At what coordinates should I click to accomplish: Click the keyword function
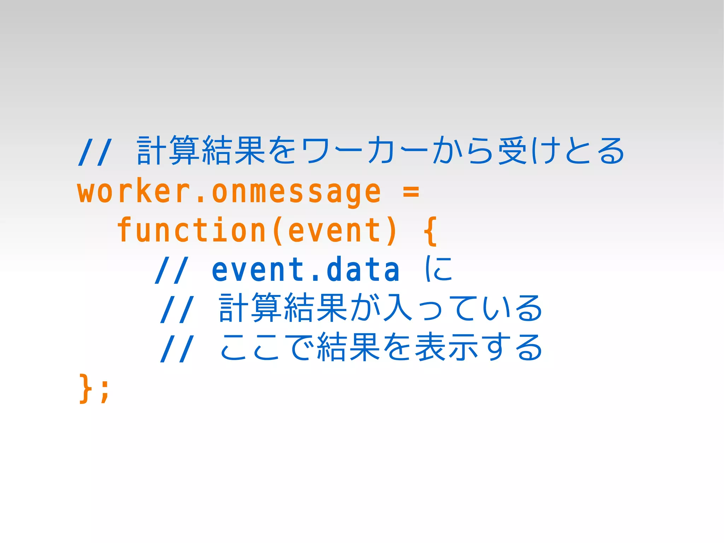pos(191,230)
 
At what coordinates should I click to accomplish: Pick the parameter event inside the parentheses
pos(335,230)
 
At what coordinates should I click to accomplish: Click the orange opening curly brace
pos(430,232)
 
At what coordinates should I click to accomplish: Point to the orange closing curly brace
pos(84,388)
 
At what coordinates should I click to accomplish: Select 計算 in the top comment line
pos(169,151)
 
